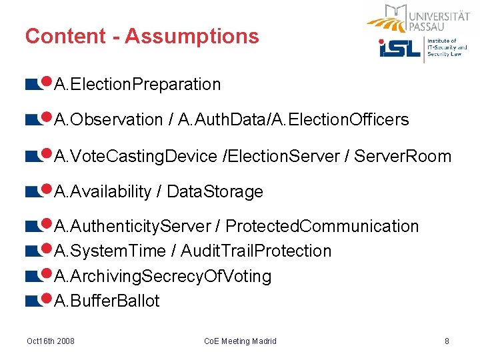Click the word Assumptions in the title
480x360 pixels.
coord(191,36)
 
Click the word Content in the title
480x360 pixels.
coord(63,36)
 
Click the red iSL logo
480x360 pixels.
coord(399,48)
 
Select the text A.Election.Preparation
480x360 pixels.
coord(137,85)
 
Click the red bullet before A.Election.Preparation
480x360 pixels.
coord(47,82)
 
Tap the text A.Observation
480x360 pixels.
coord(109,120)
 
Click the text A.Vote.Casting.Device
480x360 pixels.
coord(135,157)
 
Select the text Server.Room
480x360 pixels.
coord(403,157)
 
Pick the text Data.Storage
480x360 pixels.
coord(215,192)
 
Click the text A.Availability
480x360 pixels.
coord(103,192)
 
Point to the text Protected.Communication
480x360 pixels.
coord(322,227)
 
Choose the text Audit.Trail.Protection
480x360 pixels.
coord(256,251)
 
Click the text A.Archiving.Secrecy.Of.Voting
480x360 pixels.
coord(163,276)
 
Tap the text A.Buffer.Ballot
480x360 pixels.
coord(107,301)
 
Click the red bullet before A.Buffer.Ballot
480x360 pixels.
coord(47,299)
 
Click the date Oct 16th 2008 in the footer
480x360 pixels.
coord(51,341)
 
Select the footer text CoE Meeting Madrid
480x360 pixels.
coord(239,341)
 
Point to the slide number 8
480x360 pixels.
coord(447,341)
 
